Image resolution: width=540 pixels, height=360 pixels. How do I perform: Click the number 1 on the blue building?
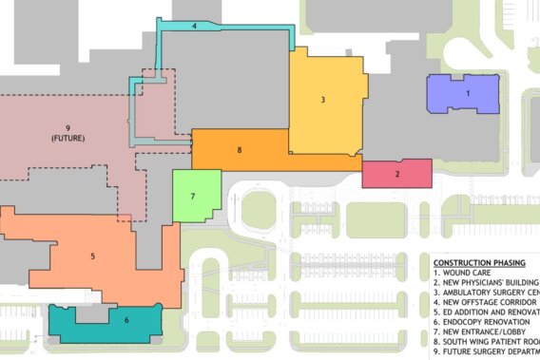467,93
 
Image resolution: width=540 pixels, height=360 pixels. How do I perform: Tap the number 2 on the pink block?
397,173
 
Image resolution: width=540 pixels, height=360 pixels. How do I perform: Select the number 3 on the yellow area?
323,99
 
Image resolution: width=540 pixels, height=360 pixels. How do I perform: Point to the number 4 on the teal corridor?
194,27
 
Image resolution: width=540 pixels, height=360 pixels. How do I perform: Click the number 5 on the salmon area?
92,256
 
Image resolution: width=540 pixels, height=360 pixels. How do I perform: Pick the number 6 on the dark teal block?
125,321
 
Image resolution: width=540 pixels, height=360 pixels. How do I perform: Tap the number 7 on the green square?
193,197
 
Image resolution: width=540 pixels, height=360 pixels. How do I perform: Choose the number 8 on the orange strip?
240,150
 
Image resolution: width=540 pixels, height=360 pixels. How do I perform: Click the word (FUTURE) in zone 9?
68,139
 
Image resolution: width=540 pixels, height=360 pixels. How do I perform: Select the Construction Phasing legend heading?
484,262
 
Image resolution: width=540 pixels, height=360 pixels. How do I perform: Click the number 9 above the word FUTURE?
68,128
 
